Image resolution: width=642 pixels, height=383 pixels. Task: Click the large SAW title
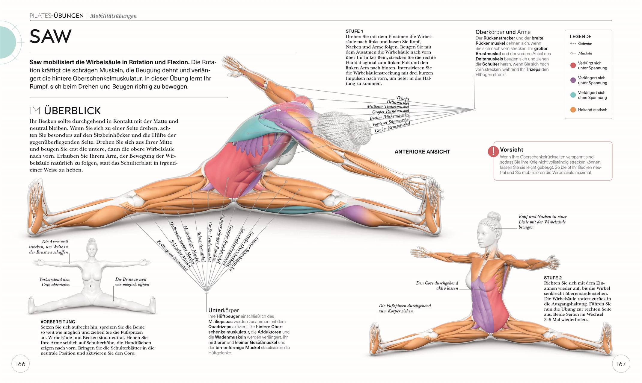pos(50,37)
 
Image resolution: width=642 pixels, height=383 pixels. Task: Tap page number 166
pos(20,364)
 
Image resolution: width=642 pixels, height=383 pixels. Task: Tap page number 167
pos(621,364)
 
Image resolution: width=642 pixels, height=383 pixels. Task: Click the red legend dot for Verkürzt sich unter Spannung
pos(573,66)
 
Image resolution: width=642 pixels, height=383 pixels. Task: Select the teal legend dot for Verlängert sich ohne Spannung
pos(573,95)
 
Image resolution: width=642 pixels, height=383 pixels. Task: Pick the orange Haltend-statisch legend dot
pos(573,110)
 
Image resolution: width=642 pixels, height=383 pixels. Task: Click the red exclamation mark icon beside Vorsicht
pos(493,151)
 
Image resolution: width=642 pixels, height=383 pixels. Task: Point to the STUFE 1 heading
pos(354,31)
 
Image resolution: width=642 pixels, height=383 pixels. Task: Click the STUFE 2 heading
pos(553,278)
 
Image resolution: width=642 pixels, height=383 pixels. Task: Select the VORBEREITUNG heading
pos(58,322)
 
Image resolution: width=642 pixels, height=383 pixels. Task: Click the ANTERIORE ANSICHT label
pos(422,152)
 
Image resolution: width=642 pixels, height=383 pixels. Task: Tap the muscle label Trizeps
pos(403,98)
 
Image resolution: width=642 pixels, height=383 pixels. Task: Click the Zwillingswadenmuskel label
pos(172,256)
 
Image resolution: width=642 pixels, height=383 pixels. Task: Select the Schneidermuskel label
pos(201,247)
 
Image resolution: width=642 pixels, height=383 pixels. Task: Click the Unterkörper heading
pos(224,310)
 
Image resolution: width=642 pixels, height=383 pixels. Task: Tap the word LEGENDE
pos(581,37)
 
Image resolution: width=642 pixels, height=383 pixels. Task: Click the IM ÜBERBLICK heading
pos(65,111)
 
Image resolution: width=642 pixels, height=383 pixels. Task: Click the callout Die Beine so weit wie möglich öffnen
pos(132,282)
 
